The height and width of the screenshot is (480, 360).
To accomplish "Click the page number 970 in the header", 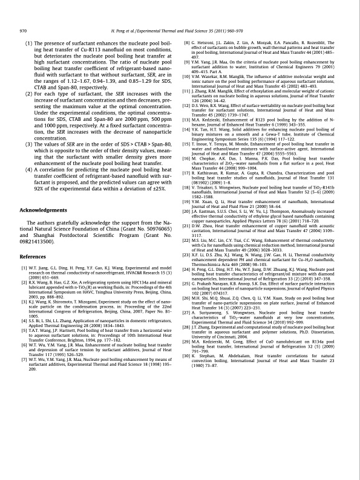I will point(24,30).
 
